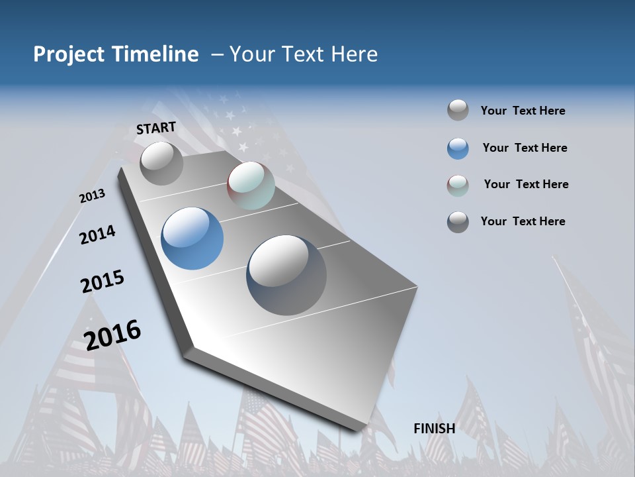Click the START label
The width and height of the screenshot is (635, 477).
[156, 128]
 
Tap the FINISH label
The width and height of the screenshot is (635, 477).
[434, 429]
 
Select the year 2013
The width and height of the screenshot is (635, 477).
[92, 196]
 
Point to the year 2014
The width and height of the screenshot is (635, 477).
[97, 235]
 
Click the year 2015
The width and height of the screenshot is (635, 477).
[103, 282]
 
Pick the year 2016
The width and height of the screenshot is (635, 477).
[112, 335]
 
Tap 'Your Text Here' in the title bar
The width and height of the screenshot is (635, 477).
[304, 54]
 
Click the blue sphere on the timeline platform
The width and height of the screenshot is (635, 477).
[192, 238]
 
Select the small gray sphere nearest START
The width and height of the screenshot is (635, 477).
[161, 163]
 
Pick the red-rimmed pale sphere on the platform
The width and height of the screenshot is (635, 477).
[251, 185]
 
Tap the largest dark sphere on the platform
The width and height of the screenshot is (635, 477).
[286, 275]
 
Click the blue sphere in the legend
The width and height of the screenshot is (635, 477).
[458, 148]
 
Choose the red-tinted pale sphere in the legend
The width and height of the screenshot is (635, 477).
[458, 185]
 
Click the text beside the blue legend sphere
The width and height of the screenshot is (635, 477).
[525, 148]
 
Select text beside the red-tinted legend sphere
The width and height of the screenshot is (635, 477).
[526, 184]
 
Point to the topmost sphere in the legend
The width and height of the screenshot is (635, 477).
[458, 111]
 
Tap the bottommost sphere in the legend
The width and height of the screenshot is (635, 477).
[458, 222]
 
